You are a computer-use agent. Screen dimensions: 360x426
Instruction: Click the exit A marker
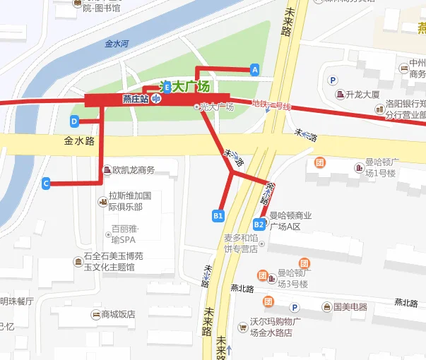(x=254, y=69)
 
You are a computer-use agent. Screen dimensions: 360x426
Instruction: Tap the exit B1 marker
(x=218, y=215)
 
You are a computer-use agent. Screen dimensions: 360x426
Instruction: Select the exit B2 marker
(x=259, y=224)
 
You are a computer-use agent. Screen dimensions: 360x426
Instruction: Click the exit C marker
(x=46, y=184)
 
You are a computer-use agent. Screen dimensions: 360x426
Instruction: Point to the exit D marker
(x=73, y=121)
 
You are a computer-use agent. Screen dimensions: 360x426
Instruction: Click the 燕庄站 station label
(x=135, y=99)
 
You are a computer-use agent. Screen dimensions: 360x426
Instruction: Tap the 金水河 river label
(x=116, y=43)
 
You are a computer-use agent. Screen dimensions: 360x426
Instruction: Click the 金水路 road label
(x=79, y=141)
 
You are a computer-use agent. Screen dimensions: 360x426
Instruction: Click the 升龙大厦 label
(x=363, y=95)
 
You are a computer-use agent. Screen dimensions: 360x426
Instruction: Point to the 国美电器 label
(x=350, y=307)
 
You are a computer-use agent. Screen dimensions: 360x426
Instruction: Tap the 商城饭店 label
(x=118, y=314)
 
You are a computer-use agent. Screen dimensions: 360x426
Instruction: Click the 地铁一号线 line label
(x=271, y=105)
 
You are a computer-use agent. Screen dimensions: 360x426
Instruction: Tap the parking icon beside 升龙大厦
(x=332, y=79)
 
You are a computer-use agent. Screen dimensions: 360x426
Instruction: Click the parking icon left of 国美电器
(x=295, y=307)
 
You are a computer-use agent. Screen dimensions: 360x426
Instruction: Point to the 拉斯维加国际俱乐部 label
(x=130, y=200)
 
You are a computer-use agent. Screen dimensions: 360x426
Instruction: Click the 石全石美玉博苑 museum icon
(x=77, y=263)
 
